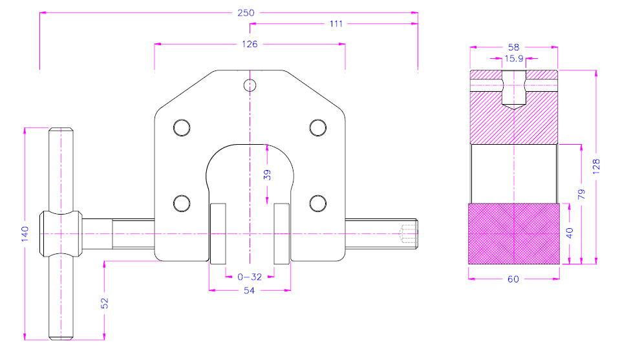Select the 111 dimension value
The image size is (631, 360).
(336, 24)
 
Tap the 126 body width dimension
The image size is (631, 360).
(250, 44)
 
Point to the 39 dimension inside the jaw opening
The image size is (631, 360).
(267, 175)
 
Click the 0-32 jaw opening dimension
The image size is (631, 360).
(250, 277)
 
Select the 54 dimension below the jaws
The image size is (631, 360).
(250, 291)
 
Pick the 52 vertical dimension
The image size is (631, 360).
(104, 303)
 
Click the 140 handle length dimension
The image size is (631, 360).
(25, 233)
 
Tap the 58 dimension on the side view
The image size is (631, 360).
(513, 47)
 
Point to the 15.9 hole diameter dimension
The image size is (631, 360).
(514, 58)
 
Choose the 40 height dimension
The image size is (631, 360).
(570, 233)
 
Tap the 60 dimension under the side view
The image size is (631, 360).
(513, 279)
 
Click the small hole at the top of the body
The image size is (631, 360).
(250, 84)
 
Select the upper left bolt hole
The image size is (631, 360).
(182, 127)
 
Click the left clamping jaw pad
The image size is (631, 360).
(217, 233)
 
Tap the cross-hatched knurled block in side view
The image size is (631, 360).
(513, 233)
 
